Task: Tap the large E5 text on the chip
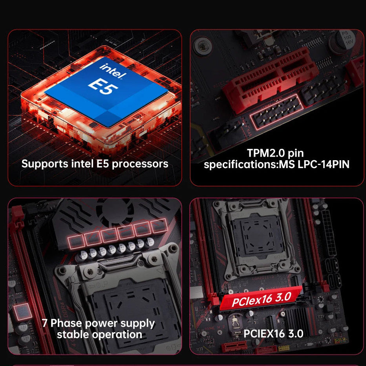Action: pos(103,85)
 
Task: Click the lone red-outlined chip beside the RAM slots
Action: pos(22,311)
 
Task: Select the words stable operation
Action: pos(99,335)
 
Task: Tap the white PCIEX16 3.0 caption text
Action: pos(273,333)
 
